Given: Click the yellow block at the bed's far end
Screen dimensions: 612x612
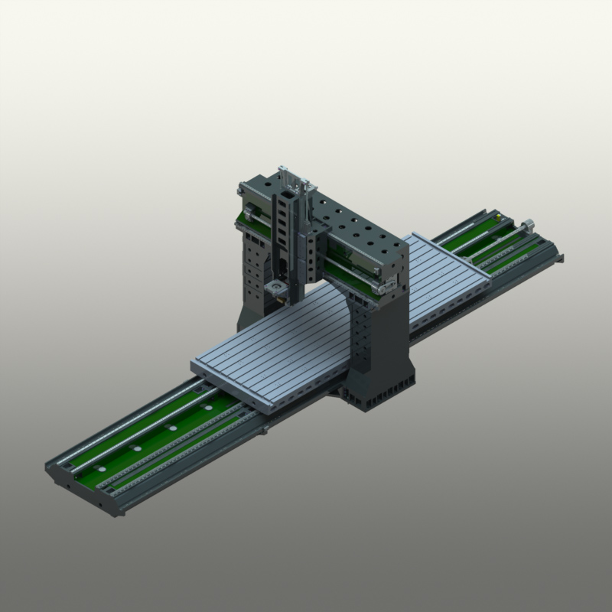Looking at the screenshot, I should tap(499, 218).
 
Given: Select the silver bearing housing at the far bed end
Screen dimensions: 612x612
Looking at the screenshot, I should tap(527, 225).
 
